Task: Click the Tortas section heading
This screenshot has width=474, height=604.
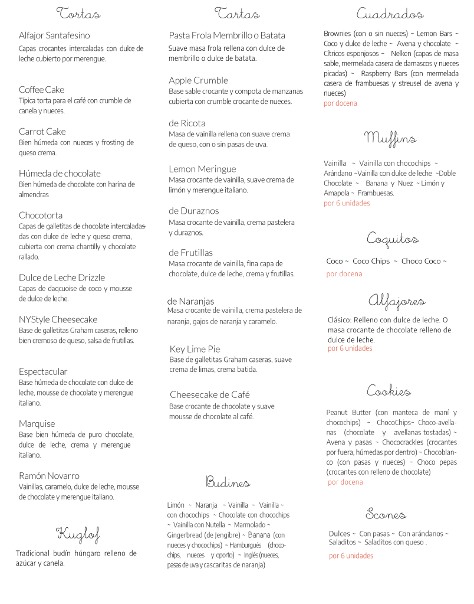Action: click(x=78, y=13)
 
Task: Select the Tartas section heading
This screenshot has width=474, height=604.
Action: click(x=237, y=13)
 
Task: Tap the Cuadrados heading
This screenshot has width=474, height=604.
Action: click(x=390, y=14)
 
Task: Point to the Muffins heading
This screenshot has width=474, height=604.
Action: click(x=390, y=139)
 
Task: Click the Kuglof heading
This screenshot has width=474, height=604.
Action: click(x=78, y=535)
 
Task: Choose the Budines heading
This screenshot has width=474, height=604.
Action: click(x=228, y=482)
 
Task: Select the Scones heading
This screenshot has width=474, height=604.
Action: click(x=386, y=513)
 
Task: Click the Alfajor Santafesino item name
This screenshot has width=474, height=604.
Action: click(x=54, y=35)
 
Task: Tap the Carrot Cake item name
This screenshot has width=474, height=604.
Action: click(x=42, y=131)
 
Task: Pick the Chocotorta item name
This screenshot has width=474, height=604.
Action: click(x=41, y=215)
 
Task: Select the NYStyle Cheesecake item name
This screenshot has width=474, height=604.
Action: click(x=58, y=319)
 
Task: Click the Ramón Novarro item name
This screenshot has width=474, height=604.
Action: click(x=49, y=475)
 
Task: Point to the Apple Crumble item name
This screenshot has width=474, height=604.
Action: click(x=198, y=80)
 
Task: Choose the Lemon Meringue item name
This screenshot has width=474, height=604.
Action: click(x=202, y=169)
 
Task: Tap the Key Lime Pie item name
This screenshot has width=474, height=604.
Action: click(x=195, y=349)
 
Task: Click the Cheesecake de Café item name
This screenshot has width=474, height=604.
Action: click(x=210, y=394)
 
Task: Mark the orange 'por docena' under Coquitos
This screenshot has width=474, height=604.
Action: click(x=344, y=274)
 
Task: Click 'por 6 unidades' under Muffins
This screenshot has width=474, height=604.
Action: click(x=347, y=203)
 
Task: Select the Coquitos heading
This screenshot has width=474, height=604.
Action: click(x=393, y=239)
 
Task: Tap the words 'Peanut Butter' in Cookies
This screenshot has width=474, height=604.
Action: click(x=348, y=413)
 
